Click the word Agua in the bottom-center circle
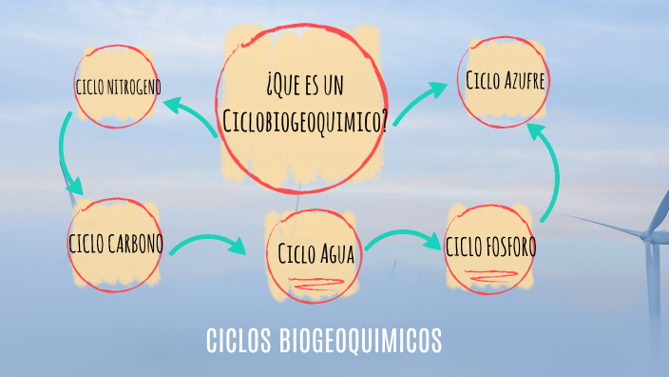point(337,255)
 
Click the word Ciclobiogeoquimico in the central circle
point(305,120)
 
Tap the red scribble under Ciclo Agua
point(314,283)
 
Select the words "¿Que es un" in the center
point(305,88)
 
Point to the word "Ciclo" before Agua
point(298,255)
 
